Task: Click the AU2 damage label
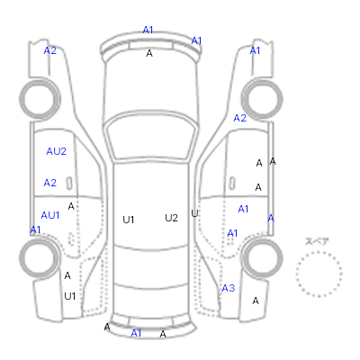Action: pos(56,151)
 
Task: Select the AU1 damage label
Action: pos(50,215)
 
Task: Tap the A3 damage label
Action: pos(229,288)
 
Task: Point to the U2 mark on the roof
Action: pos(171,218)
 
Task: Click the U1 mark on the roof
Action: pos(128,220)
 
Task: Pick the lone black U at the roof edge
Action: pos(194,213)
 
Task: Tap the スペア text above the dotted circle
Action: pos(317,241)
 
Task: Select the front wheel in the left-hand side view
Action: pos(40,99)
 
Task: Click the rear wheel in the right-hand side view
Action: pos(262,258)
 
